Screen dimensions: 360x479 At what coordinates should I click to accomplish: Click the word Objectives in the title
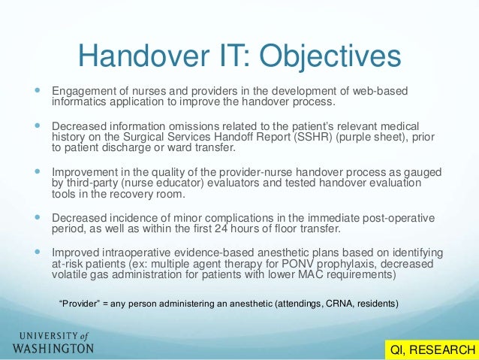[330, 56]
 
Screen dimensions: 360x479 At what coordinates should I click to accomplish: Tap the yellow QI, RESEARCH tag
[430, 349]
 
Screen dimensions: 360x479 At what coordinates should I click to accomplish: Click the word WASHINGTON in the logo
[53, 349]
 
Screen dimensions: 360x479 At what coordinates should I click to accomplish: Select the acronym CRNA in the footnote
[328, 304]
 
